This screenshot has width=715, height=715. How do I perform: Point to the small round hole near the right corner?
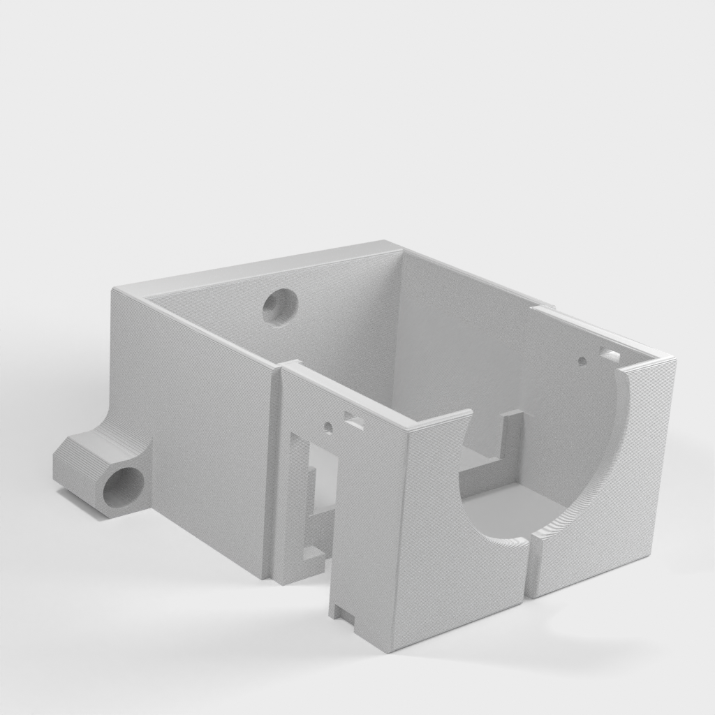pos(582,361)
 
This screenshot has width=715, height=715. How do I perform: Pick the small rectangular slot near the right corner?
pos(610,355)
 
